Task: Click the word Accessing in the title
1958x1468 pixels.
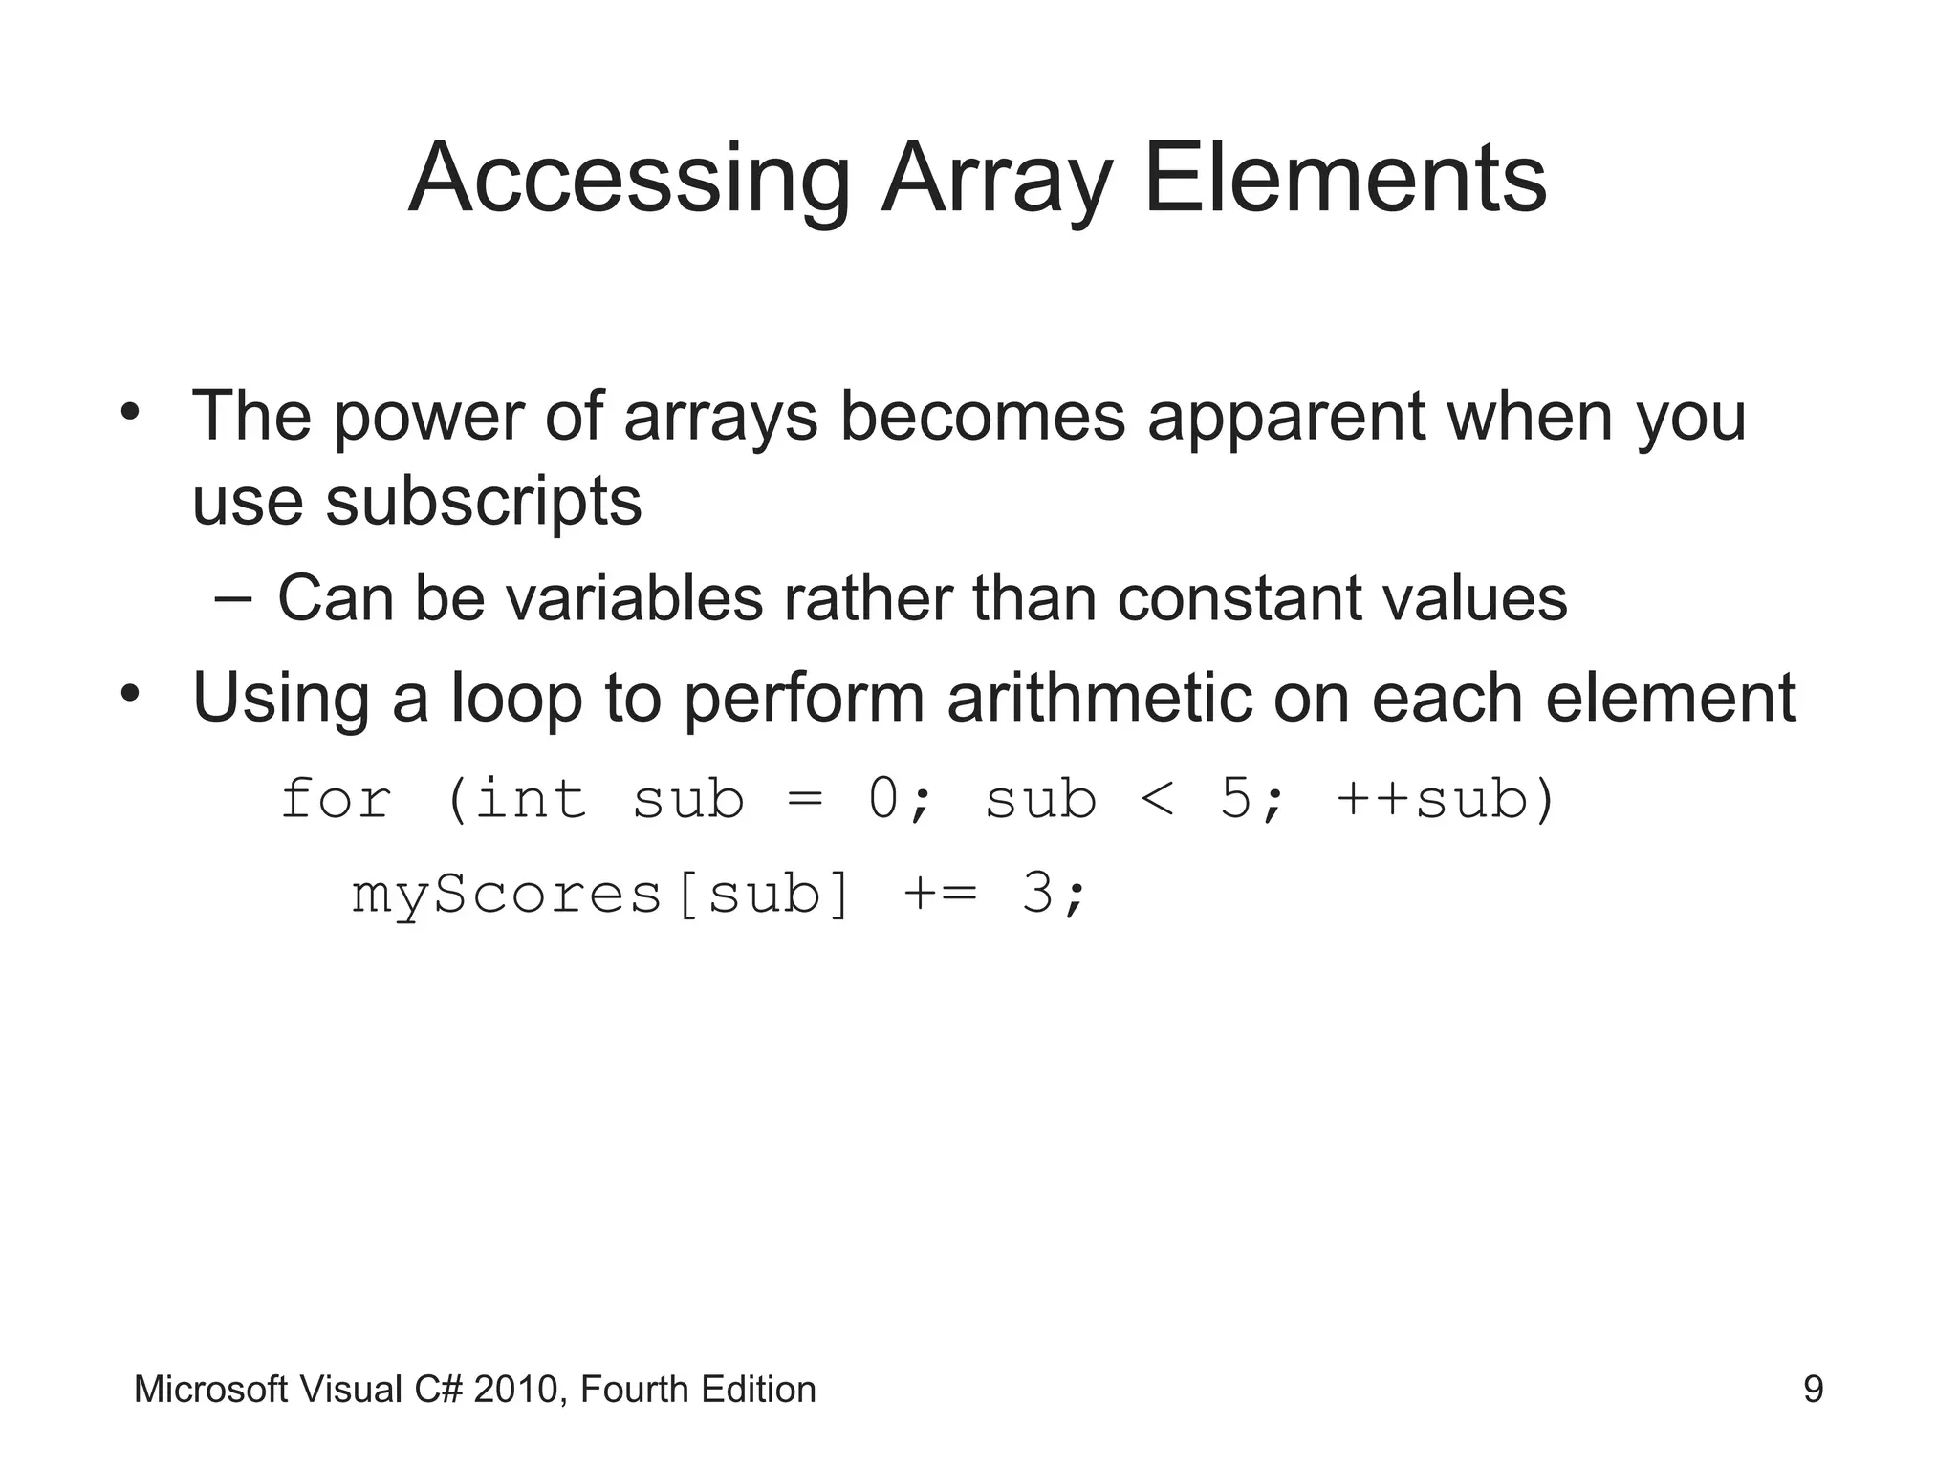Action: (629, 180)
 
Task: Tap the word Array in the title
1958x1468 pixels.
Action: (997, 180)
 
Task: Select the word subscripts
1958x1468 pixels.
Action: (483, 502)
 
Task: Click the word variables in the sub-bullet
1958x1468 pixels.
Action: (634, 598)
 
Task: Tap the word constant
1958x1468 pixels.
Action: (1240, 598)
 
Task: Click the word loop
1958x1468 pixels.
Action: (516, 700)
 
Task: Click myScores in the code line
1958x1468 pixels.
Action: (507, 896)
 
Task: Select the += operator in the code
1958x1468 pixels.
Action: (941, 896)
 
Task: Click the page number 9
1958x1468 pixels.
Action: (1813, 1390)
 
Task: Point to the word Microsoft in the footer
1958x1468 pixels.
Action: (210, 1390)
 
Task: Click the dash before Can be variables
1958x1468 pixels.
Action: (234, 599)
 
